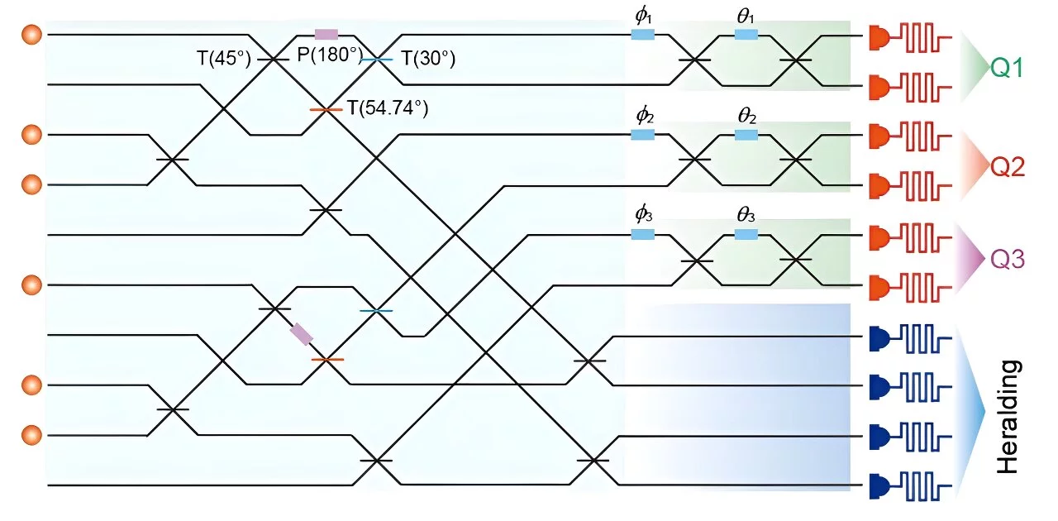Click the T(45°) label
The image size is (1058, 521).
(224, 59)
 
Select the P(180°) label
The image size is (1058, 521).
(330, 55)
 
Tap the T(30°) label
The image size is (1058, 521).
(428, 58)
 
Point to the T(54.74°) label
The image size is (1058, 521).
(388, 108)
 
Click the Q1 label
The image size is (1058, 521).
(1007, 68)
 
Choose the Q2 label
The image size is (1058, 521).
(1008, 167)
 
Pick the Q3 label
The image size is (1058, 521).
(1008, 259)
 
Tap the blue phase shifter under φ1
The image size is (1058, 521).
(643, 35)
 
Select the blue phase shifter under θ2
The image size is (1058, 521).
(746, 136)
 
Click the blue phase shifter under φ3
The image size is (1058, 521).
(643, 234)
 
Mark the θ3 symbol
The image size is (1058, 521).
(746, 215)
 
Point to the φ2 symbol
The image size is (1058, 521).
(645, 115)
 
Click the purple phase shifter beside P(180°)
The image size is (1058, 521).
(326, 35)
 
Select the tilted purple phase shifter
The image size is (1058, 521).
(302, 334)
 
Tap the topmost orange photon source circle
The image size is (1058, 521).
(31, 35)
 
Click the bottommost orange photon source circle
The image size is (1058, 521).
(31, 435)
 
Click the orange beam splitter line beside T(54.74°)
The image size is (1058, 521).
(326, 110)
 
